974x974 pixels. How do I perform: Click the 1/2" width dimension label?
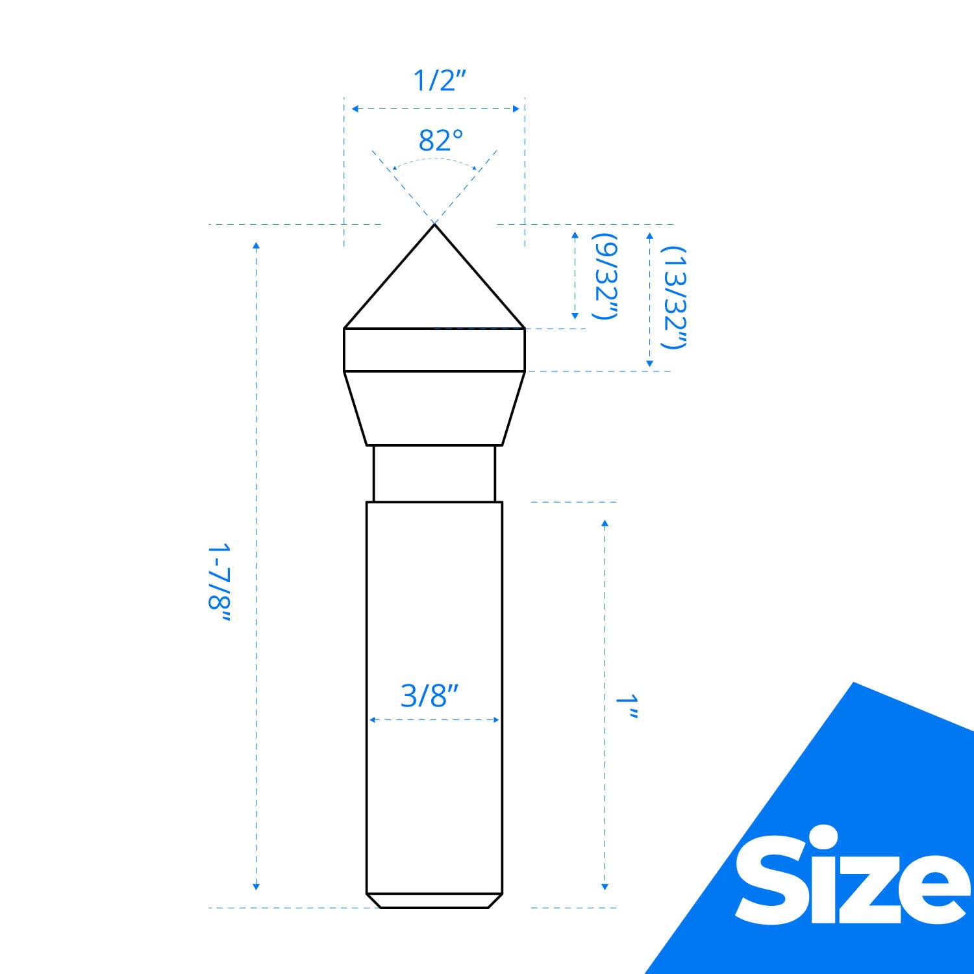click(x=440, y=81)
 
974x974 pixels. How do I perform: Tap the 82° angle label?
click(x=440, y=140)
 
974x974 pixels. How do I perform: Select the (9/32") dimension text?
click(x=605, y=276)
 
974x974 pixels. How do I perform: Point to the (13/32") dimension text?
click(x=674, y=297)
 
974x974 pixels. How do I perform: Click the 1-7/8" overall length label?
click(x=219, y=584)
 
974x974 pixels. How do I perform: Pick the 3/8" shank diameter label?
click(x=429, y=696)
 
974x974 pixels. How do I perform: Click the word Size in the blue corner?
click(x=851, y=877)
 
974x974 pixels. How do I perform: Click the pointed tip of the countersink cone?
click(x=434, y=225)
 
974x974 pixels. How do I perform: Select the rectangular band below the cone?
click(x=434, y=350)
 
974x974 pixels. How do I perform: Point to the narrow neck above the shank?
click(x=434, y=473)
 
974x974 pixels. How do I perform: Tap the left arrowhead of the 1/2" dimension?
click(x=355, y=108)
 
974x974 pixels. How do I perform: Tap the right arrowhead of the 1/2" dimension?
click(x=516, y=108)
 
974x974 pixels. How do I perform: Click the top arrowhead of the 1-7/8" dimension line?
click(x=256, y=245)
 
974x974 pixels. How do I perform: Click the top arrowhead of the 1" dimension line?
click(x=605, y=523)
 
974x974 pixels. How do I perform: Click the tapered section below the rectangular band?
click(x=434, y=408)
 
